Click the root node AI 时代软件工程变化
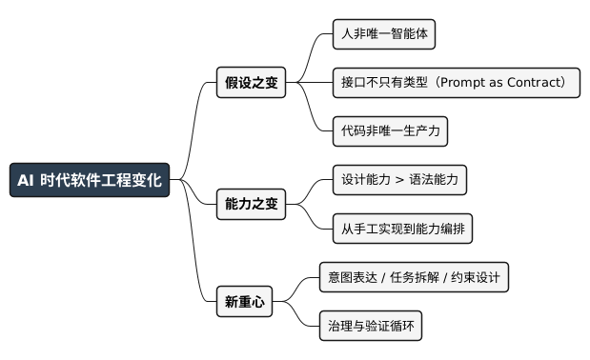pyautogui.click(x=90, y=180)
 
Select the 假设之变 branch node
pyautogui.click(x=252, y=83)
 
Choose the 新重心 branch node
pyautogui.click(x=244, y=302)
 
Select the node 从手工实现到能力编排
pyautogui.click(x=403, y=229)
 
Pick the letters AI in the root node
pyautogui.click(x=26, y=180)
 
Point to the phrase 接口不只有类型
pyautogui.click(x=380, y=83)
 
